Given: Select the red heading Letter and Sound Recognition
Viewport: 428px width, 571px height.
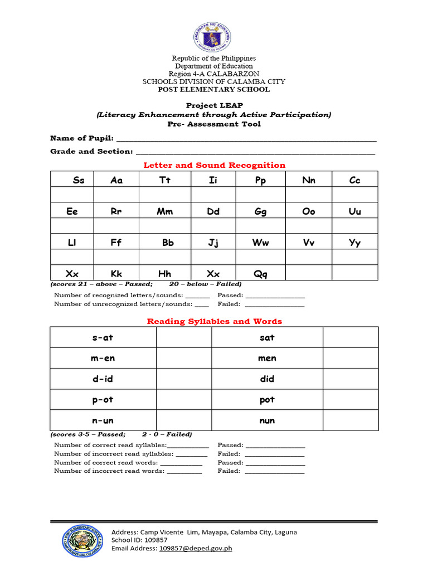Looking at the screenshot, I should [214, 165].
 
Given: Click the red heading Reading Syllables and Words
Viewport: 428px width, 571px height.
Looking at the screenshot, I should [214, 321].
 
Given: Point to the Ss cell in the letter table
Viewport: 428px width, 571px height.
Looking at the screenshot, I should [79, 180].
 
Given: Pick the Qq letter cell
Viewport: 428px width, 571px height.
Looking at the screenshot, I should [260, 273].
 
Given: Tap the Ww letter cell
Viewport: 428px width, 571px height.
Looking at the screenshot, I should [260, 243].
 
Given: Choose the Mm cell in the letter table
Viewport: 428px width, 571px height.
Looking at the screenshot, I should [165, 211].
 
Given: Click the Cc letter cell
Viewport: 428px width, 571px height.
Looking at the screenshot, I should [354, 180].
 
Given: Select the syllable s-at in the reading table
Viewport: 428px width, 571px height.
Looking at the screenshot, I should [103, 337].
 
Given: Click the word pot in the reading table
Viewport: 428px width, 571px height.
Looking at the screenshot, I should [267, 400].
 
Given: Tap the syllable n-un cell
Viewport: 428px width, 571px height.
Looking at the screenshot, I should [103, 420].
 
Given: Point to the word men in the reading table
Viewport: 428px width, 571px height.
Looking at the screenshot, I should [267, 358].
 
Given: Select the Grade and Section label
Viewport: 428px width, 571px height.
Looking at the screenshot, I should [91, 151].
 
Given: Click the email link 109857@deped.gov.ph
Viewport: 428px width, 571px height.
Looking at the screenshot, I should [196, 548].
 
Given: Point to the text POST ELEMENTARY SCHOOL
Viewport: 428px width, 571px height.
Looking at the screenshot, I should [213, 89].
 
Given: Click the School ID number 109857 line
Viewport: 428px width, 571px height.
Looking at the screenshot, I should [139, 540].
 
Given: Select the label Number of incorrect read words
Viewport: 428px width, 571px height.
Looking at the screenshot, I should [109, 471].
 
